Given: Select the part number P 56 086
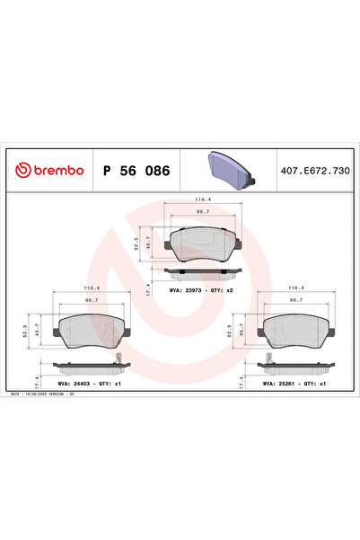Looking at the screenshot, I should tap(136, 170).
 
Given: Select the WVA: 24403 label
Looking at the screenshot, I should tap(75, 382).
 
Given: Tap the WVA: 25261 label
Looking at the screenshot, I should tap(280, 382).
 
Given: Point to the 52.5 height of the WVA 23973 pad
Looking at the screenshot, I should tap(136, 243).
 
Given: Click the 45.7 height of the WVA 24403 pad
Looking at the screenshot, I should tap(37, 329).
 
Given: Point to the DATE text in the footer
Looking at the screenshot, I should tap(15, 394).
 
